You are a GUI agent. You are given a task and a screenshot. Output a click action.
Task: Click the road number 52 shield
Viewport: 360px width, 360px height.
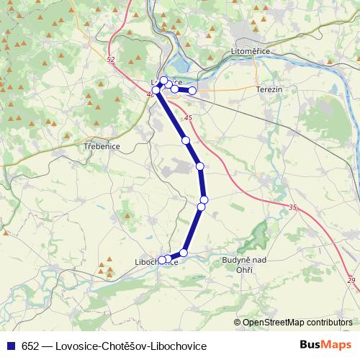click(x=109, y=60)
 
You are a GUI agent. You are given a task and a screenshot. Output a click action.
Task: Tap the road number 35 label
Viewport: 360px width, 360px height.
click(x=292, y=208)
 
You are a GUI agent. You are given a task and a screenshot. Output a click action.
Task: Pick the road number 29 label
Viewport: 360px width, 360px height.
click(x=351, y=280)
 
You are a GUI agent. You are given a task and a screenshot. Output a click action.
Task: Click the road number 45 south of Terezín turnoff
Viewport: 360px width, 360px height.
click(x=188, y=118)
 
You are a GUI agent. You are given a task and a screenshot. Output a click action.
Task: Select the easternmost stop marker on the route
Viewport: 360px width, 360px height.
click(x=192, y=91)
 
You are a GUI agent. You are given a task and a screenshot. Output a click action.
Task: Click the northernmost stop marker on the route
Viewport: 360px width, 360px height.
click(x=163, y=81)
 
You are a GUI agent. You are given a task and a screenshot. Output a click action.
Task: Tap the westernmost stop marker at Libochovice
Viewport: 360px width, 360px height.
click(x=162, y=260)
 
